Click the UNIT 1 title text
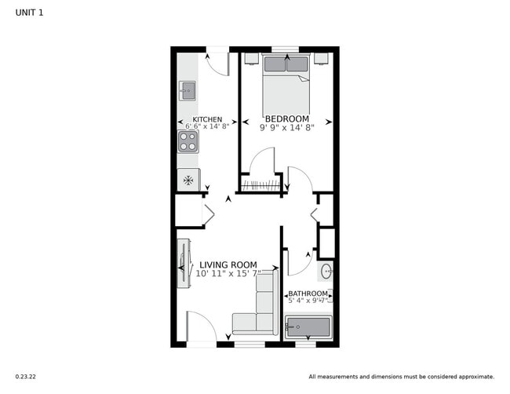click(29, 12)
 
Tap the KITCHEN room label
click(196, 119)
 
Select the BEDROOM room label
click(286, 119)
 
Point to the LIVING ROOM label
click(228, 264)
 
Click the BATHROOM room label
click(308, 294)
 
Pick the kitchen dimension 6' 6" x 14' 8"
click(207, 126)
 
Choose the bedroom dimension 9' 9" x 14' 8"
click(286, 126)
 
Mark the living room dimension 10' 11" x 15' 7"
click(228, 273)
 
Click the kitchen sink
click(187, 90)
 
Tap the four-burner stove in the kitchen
click(188, 141)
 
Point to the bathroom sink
click(326, 272)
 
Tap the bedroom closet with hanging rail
click(260, 185)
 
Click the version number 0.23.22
click(26, 377)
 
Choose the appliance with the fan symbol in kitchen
click(188, 180)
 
